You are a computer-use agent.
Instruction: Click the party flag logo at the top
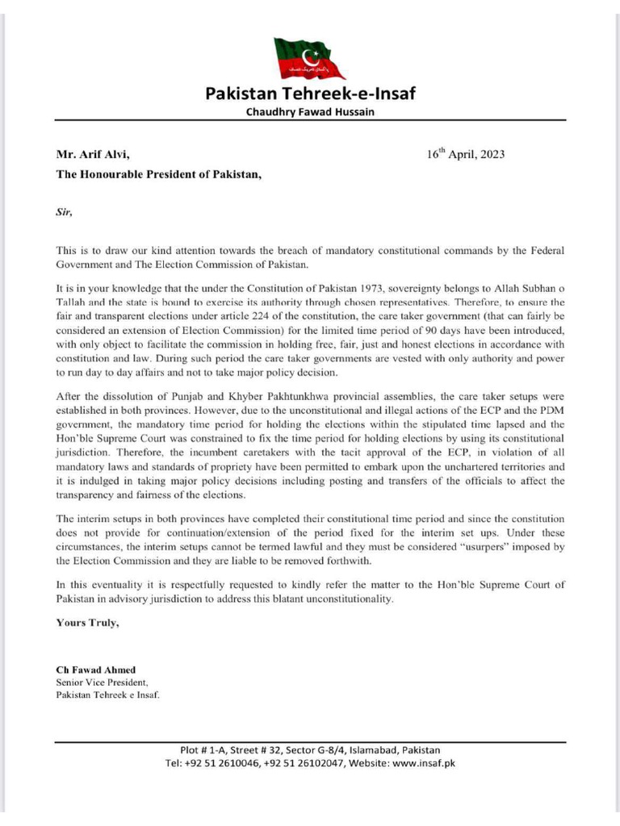(308, 57)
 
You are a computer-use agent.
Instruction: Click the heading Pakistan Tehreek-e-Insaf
(310, 94)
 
